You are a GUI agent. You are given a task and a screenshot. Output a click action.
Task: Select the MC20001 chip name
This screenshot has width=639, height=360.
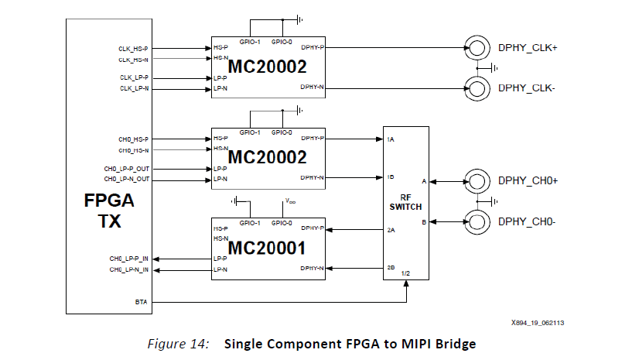(x=268, y=249)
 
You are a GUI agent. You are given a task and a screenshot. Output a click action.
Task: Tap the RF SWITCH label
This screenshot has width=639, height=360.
(x=406, y=201)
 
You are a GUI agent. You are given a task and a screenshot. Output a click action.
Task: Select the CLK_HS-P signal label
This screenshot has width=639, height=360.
(x=134, y=48)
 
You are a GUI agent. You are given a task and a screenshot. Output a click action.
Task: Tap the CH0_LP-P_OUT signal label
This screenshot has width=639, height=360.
(x=127, y=169)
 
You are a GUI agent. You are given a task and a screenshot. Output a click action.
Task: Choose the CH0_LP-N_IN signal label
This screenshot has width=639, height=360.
(x=129, y=269)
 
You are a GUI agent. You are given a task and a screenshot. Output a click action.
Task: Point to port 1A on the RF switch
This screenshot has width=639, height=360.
(x=391, y=139)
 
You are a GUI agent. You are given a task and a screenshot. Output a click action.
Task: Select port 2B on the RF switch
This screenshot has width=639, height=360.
(x=391, y=269)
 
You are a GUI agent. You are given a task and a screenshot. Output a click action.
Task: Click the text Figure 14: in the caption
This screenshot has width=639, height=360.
(x=178, y=344)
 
